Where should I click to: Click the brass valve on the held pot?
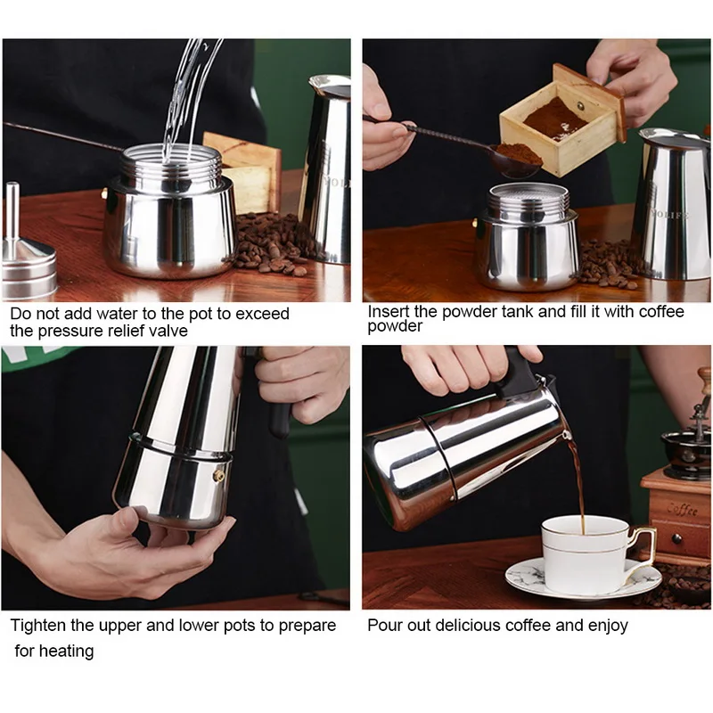coord(218,475)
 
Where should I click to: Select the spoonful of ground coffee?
coord(519,155)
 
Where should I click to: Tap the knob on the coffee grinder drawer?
coord(676,539)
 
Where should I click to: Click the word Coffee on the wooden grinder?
coord(682,509)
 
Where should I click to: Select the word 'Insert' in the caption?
coord(389,311)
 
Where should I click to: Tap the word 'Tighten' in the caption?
coord(38,626)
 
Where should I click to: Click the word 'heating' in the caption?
coord(66,652)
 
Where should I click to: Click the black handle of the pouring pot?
coord(517,373)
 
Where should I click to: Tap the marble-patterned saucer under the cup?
coord(583,580)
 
